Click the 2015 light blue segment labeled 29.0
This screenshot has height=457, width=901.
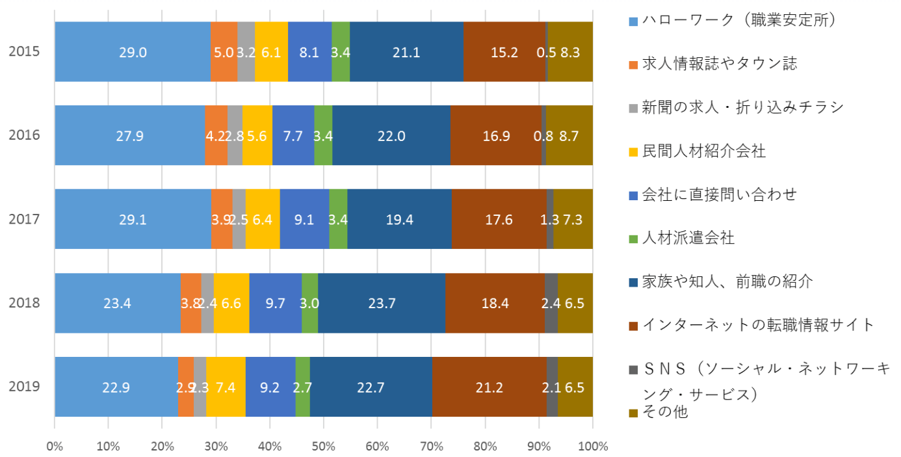133,52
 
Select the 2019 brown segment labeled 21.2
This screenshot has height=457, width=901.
489,387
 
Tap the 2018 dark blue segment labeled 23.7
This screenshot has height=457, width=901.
382,304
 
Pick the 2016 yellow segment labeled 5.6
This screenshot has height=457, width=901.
257,136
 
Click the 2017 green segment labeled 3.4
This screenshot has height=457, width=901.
338,220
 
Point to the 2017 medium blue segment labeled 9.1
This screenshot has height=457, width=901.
304,220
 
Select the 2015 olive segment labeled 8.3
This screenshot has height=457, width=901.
570,52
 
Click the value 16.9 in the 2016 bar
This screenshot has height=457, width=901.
495,136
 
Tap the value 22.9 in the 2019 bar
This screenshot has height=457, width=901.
116,387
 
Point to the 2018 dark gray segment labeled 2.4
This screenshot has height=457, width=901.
551,304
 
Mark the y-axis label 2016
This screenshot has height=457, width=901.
25,136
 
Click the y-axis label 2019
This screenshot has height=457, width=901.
25,387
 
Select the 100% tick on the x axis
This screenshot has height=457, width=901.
592,447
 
